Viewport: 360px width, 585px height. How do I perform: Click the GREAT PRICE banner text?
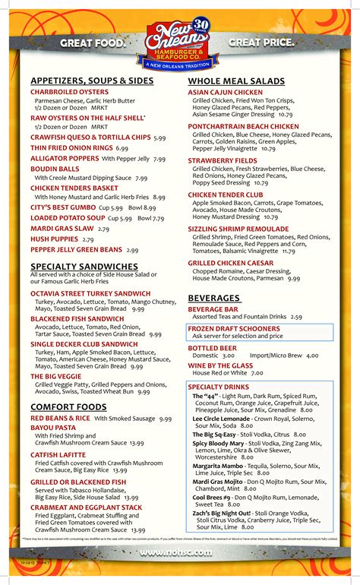[261, 43]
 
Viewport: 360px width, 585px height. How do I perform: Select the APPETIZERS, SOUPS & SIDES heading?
[92, 81]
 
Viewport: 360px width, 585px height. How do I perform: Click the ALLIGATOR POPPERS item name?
[65, 159]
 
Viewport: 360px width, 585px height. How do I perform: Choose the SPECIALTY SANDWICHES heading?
[84, 266]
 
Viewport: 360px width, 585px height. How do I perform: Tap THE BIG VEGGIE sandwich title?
[56, 376]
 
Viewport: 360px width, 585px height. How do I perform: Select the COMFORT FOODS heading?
[68, 407]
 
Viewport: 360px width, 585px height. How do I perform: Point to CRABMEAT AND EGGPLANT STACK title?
[86, 508]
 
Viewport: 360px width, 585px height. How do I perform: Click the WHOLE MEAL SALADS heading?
[235, 81]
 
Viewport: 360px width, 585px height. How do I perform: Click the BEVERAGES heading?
[214, 299]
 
